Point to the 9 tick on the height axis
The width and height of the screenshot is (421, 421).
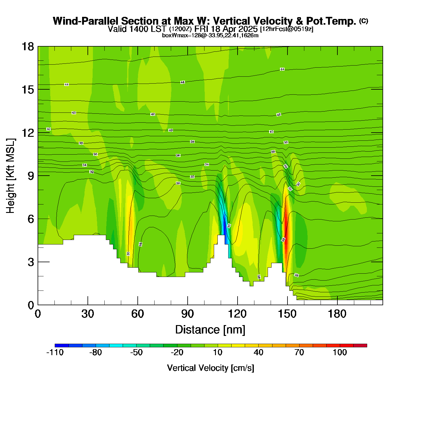(x=31, y=176)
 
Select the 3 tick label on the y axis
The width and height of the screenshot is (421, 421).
(x=31, y=262)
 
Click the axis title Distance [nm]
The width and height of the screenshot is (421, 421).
(x=210, y=330)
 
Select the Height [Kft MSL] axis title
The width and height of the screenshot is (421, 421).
(x=11, y=176)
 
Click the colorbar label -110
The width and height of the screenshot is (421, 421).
(x=55, y=352)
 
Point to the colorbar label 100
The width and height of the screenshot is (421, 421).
(x=340, y=352)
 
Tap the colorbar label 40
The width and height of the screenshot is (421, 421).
(x=259, y=352)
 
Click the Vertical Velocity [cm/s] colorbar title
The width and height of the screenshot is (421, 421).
(x=210, y=368)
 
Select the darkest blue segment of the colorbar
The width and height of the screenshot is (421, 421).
(x=62, y=345)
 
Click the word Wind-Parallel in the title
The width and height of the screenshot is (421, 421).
(x=86, y=21)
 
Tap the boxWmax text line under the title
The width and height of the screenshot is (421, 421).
(x=210, y=35)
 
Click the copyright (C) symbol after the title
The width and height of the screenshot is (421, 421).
(x=364, y=21)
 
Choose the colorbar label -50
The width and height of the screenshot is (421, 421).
(x=136, y=352)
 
